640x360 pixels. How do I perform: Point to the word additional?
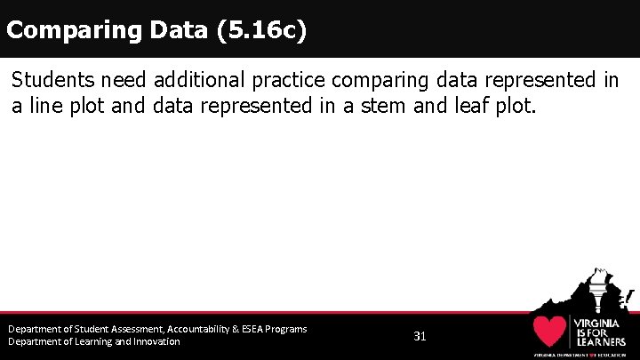196,80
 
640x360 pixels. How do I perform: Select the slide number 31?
420,337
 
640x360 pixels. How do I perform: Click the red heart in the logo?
550,332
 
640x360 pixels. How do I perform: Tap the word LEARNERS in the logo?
602,340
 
